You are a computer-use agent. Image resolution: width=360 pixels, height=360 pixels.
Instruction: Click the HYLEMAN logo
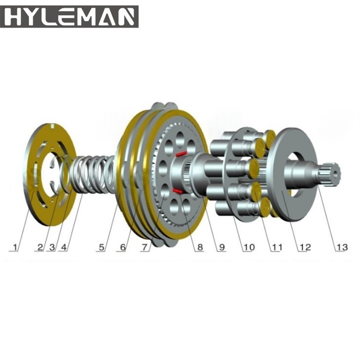(x=69, y=17)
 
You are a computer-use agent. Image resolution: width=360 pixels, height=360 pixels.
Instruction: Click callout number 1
(x=15, y=247)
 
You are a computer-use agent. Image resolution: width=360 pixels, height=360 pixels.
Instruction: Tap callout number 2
(x=40, y=247)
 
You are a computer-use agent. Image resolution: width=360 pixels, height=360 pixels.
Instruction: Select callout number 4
(x=64, y=247)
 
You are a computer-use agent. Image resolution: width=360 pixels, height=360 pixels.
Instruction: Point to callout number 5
(x=102, y=247)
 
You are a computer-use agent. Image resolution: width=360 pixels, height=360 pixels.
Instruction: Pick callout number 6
(x=123, y=247)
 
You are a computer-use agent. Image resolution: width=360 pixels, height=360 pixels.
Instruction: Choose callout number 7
(x=144, y=247)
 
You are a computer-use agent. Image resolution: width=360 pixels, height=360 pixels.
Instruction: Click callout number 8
(x=200, y=247)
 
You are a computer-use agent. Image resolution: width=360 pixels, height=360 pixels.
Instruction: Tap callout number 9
(x=222, y=247)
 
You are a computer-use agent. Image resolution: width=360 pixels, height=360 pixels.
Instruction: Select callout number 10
(x=249, y=247)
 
